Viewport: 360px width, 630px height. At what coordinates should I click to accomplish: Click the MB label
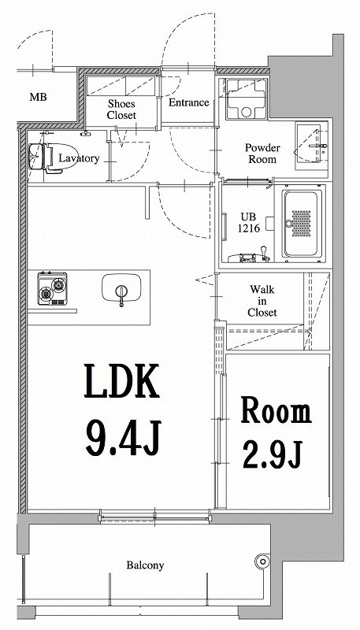pyautogui.click(x=37, y=98)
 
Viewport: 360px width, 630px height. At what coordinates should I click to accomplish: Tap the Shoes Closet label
pyautogui.click(x=121, y=109)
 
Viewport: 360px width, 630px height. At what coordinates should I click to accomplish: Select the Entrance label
pyautogui.click(x=188, y=102)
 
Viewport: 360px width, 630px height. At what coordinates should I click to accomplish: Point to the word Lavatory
pyautogui.click(x=79, y=158)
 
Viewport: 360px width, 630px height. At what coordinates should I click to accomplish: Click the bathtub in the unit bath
pyautogui.click(x=302, y=222)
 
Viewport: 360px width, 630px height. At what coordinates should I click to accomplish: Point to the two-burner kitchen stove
pyautogui.click(x=53, y=289)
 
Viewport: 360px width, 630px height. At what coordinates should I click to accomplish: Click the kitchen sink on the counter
pyautogui.click(x=121, y=289)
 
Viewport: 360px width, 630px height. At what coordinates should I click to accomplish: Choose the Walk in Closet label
pyautogui.click(x=262, y=300)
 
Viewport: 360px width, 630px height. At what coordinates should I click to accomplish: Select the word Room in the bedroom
pyautogui.click(x=276, y=411)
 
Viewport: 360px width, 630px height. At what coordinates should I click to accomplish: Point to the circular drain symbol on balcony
pyautogui.click(x=261, y=561)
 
